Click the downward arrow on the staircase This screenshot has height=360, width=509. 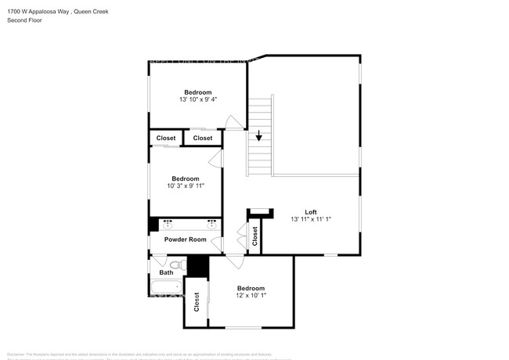258,137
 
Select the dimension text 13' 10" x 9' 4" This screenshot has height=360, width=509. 198,99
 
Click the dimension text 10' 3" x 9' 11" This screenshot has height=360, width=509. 186,186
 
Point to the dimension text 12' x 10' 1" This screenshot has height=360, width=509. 251,296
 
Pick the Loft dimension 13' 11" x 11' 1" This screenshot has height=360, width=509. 311,220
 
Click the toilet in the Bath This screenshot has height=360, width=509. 176,266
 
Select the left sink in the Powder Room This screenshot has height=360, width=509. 168,225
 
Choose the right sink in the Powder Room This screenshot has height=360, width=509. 211,225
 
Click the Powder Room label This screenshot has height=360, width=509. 185,239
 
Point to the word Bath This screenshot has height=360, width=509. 167,273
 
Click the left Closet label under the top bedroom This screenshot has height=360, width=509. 166,139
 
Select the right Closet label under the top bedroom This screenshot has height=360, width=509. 203,139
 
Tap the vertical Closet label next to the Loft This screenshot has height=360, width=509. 255,237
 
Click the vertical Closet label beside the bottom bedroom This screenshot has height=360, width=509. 197,303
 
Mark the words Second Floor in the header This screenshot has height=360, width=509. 25,20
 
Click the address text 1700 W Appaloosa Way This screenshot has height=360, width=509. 39,11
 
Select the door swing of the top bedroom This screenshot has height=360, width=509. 233,121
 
